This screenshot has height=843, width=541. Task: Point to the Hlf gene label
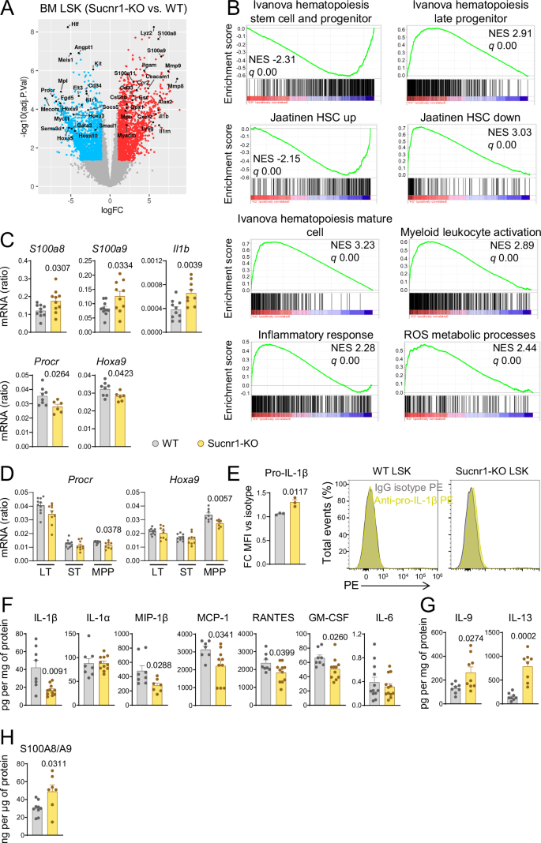click(x=75, y=25)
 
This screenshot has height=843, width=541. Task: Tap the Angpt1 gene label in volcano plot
click(x=84, y=48)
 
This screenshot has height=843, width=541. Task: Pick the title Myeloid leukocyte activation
click(x=465, y=232)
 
